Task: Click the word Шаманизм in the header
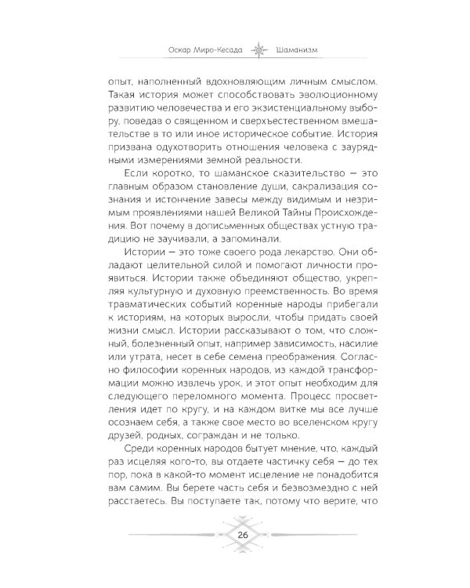point(300,54)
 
